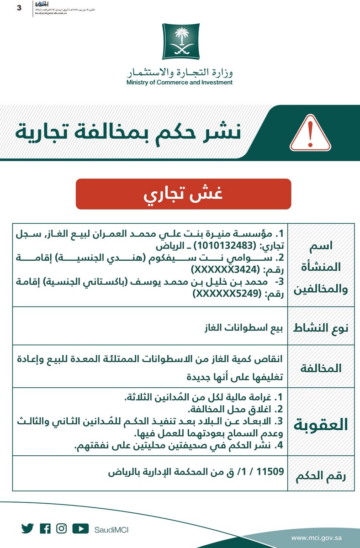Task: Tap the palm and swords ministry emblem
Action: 180,44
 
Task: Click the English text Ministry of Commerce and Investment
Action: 180,83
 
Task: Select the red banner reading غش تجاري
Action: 183,195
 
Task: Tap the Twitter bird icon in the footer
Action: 27,528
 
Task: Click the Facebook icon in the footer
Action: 45,528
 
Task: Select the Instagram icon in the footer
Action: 62,528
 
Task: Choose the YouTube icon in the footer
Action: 80,528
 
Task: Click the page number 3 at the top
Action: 19,8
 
